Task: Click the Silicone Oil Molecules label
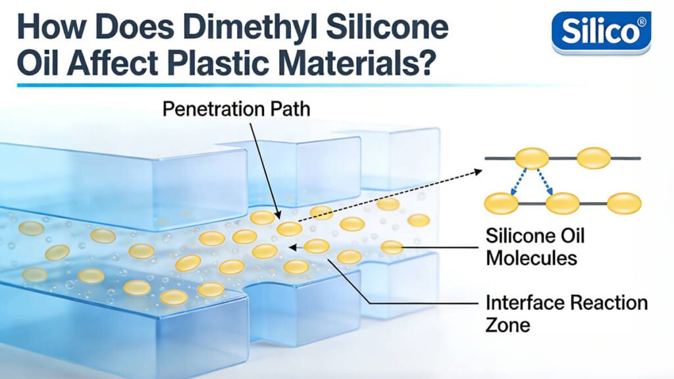click(x=534, y=246)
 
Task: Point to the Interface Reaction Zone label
click(x=566, y=313)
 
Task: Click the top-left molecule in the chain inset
click(x=532, y=158)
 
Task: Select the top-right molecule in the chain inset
click(x=594, y=158)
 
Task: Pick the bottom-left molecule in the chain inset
click(x=501, y=203)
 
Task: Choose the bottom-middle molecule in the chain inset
click(x=562, y=203)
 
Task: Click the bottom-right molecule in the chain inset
click(x=623, y=203)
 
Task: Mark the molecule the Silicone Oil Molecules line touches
click(x=392, y=247)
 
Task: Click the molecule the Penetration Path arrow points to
click(x=289, y=228)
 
